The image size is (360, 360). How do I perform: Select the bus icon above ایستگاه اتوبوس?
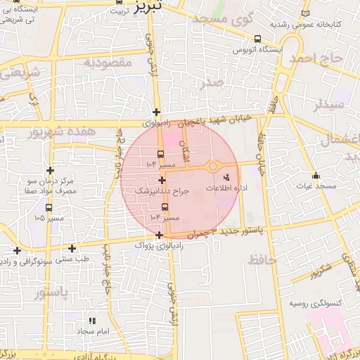(x=258, y=39)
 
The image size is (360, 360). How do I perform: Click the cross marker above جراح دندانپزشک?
(x=162, y=180)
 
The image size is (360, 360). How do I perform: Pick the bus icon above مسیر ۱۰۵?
(x=49, y=207)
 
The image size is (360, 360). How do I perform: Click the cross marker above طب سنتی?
(x=72, y=248)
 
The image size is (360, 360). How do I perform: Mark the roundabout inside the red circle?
(x=212, y=167)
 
